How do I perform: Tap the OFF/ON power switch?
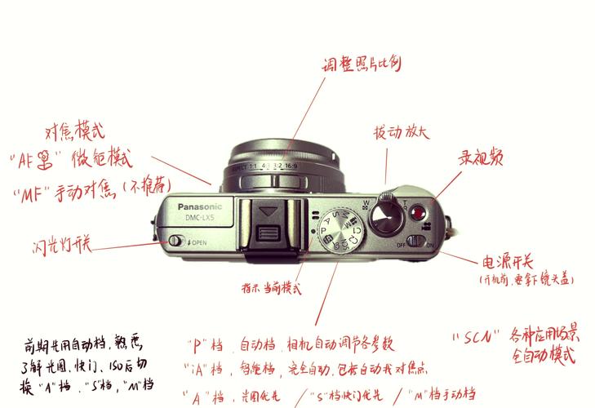click(x=416, y=242)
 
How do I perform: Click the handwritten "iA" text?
click(x=200, y=370)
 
